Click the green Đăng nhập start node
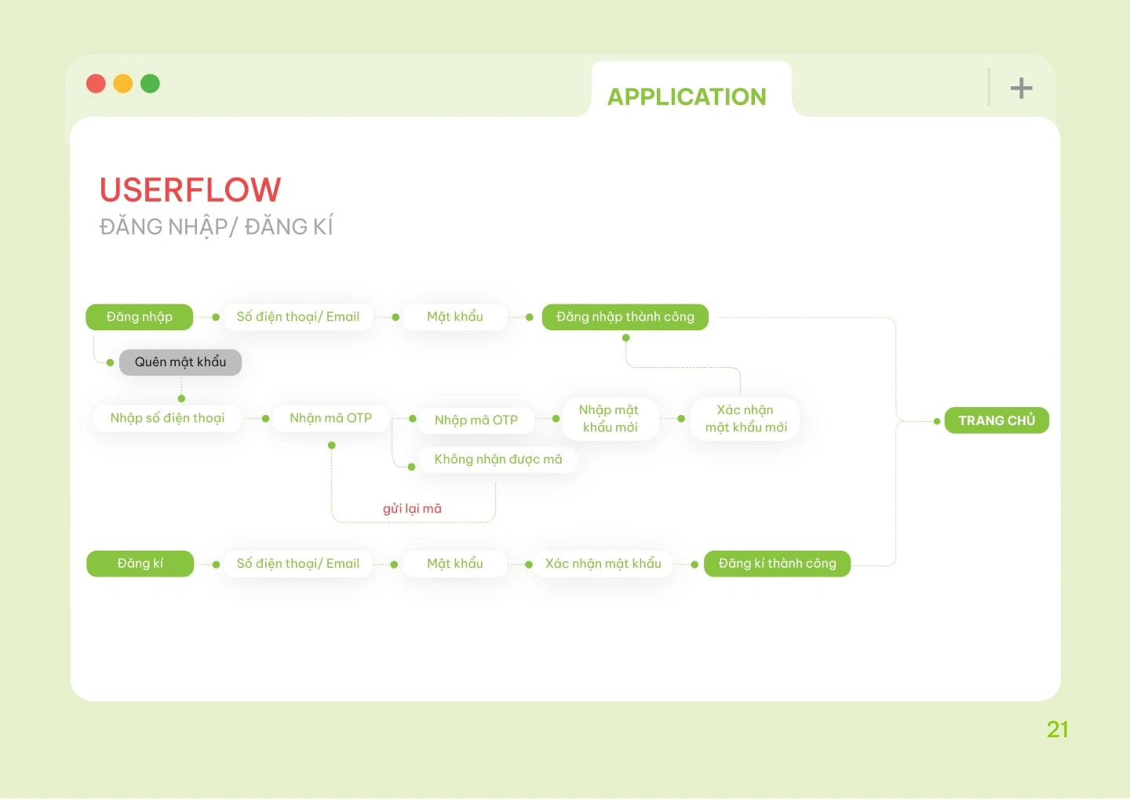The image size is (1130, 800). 139,317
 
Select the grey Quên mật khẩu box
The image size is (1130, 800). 180,362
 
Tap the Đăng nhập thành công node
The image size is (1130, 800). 625,317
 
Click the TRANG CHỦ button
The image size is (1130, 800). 997,420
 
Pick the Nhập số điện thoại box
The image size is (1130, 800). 167,418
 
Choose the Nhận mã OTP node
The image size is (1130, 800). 330,418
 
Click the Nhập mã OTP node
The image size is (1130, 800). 476,420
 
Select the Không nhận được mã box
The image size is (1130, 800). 498,460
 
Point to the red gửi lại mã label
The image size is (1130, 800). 412,509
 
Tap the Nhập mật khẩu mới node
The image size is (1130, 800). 610,419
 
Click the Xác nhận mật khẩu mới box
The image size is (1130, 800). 745,419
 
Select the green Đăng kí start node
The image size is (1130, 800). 140,564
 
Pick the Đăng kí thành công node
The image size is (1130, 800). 777,564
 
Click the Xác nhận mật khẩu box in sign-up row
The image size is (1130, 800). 603,564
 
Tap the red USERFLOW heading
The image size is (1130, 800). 190,190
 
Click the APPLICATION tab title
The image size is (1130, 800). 687,96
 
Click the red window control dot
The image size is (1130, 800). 96,84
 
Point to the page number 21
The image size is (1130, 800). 1057,730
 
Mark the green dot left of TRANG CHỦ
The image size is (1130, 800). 937,421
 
